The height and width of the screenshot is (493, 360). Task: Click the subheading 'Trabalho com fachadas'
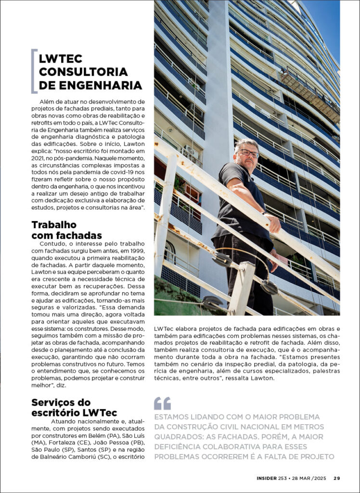pos(66,230)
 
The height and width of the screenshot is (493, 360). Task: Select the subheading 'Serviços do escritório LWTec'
pos(74,407)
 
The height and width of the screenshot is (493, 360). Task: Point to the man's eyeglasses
pos(249,153)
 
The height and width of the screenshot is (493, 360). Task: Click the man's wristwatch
pos(264,211)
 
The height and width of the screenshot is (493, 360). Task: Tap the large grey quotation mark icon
pos(162,403)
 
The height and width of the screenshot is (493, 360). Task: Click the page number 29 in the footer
pos(337,478)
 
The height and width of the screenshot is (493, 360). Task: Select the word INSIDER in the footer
pos(266,478)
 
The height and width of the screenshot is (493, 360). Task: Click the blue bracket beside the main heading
pos(33,71)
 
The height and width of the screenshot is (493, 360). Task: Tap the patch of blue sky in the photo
pos(327,24)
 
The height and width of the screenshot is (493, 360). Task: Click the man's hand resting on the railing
pos(274,225)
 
